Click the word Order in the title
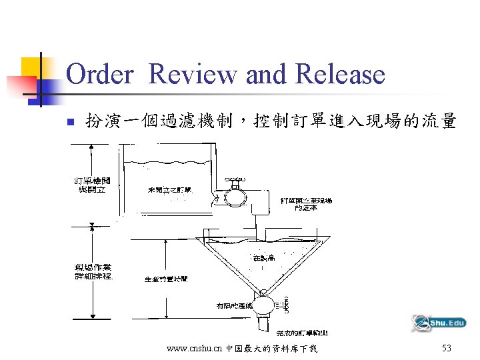[100, 74]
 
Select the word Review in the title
[194, 74]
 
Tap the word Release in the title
[341, 74]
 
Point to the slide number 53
[446, 348]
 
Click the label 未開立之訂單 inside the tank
[169, 190]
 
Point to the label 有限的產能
[230, 306]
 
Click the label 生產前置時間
[167, 279]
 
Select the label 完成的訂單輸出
[301, 332]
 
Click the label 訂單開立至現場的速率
[306, 204]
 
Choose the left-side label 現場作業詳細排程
[93, 272]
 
